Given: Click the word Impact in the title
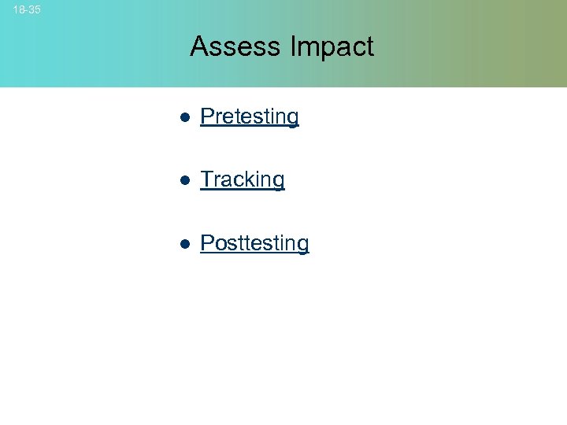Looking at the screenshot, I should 332,46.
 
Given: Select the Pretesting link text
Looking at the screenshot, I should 250,116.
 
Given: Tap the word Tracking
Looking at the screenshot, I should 243,179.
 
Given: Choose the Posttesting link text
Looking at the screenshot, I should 254,242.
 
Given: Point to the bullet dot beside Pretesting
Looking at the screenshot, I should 183,117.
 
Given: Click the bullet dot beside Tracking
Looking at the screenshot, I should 183,180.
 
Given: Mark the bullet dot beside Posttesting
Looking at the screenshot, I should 183,243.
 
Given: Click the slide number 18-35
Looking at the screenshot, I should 27,10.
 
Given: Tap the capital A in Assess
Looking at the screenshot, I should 198,46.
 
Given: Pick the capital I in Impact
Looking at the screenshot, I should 293,46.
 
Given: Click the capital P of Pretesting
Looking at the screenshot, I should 207,116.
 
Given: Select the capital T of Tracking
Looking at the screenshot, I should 207,179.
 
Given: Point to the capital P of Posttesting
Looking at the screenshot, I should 207,242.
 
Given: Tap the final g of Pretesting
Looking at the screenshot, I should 292,119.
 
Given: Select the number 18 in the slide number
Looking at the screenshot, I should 18,10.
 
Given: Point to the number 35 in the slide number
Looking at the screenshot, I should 35,10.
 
